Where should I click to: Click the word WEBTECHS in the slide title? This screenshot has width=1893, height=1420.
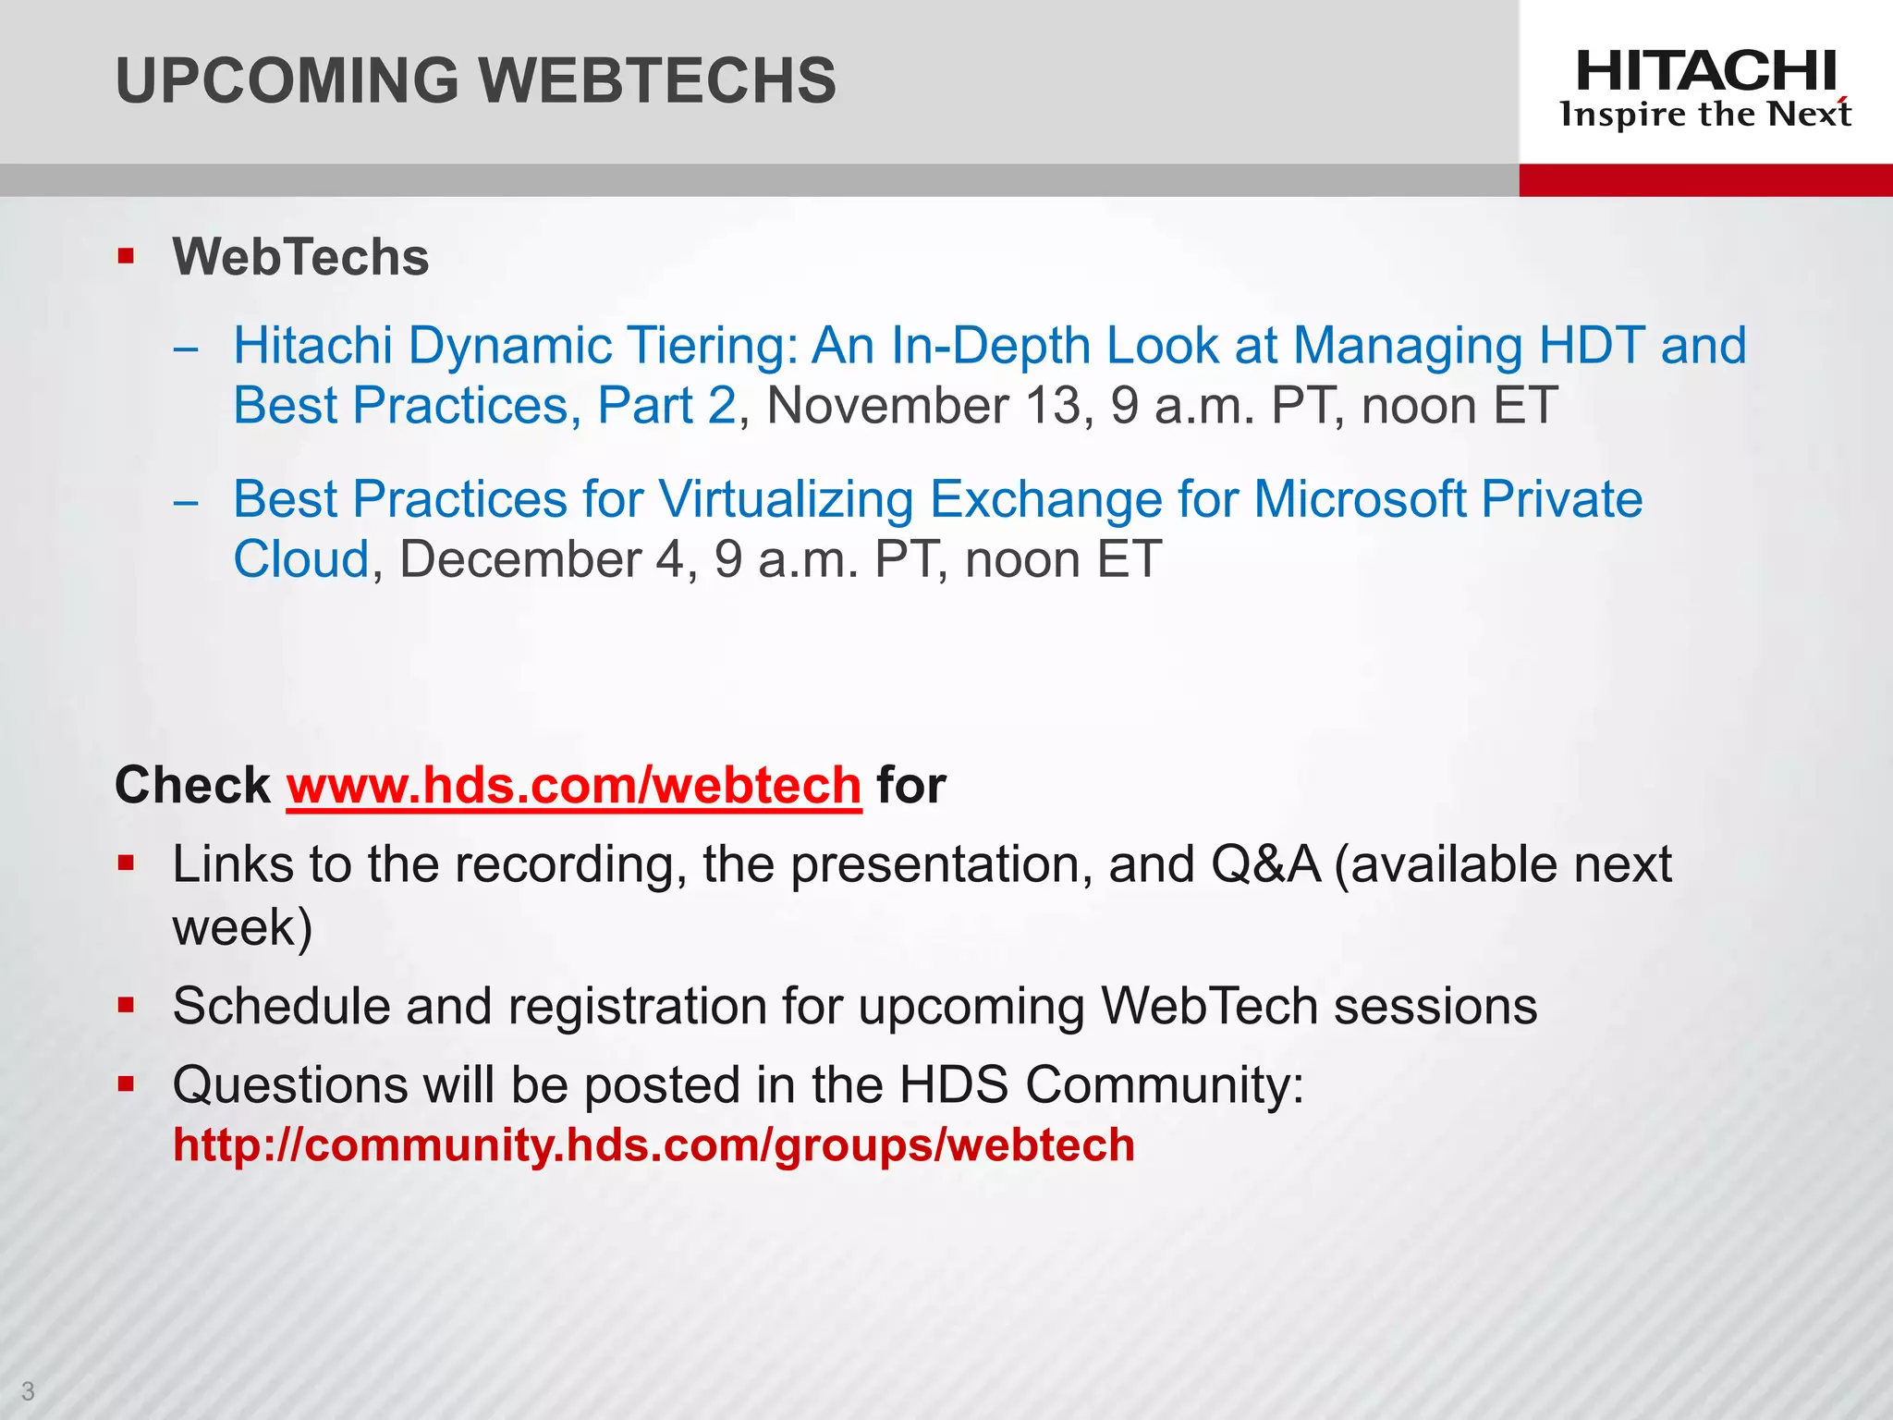coord(658,80)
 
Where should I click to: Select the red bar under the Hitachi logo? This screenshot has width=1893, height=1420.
coord(1705,180)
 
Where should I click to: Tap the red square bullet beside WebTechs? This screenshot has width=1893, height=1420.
coord(127,255)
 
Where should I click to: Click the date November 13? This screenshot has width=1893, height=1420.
coord(923,406)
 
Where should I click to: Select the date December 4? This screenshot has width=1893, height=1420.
coord(541,559)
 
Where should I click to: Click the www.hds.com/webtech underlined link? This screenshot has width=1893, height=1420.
coord(574,786)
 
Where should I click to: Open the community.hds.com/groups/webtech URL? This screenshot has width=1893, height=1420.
coord(653,1145)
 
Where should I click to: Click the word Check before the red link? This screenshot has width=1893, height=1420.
coord(192,786)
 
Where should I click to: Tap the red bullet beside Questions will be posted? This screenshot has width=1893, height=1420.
coord(127,1083)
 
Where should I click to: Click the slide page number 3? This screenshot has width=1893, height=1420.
coord(28,1390)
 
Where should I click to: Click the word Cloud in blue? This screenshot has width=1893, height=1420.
coord(301,559)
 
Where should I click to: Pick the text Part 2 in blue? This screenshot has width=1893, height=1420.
coord(666,406)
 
